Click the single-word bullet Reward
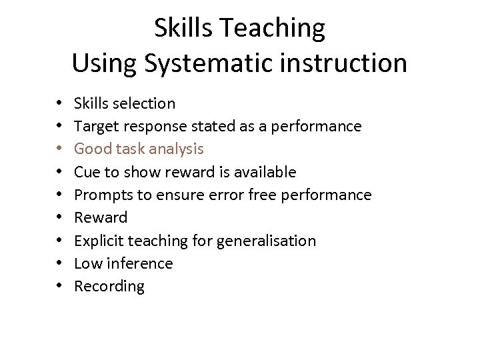101,217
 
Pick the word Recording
109,287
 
